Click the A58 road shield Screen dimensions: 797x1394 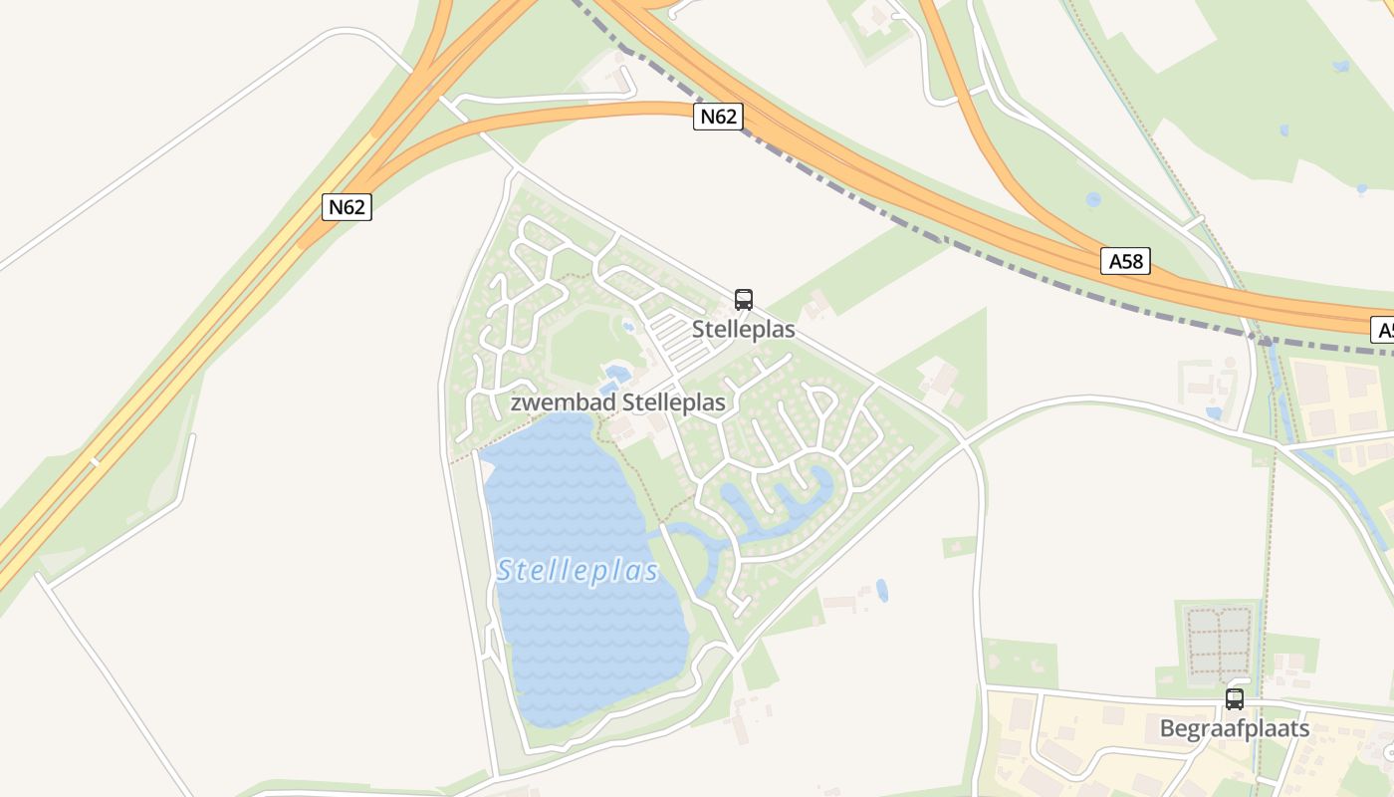click(x=1126, y=261)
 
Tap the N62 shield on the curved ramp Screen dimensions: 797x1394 click(x=718, y=117)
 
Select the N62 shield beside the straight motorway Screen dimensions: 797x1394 click(x=347, y=207)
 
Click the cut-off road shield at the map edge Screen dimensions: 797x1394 click(x=1383, y=330)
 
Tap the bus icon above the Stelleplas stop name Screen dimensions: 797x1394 click(x=743, y=299)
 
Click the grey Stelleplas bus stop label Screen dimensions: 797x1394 click(x=743, y=330)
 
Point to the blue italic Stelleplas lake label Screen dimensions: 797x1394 click(x=578, y=571)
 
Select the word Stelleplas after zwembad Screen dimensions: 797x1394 click(x=674, y=402)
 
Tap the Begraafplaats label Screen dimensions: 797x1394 click(x=1235, y=728)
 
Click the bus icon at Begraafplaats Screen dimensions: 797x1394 click(x=1235, y=699)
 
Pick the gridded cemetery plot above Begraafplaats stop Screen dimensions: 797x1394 click(x=1218, y=642)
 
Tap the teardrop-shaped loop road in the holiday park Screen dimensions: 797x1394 click(x=819, y=400)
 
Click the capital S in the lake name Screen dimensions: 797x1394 click(x=505, y=571)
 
